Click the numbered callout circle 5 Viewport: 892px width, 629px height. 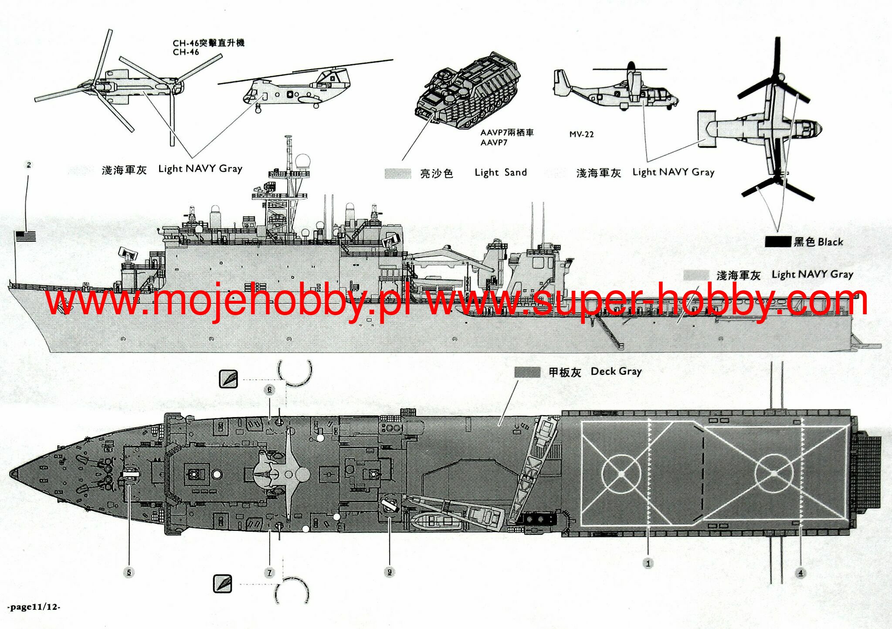pos(129,572)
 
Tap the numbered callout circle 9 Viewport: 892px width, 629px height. pos(390,572)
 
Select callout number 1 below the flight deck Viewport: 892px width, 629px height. pos(648,564)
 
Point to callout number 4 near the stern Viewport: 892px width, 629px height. pos(800,573)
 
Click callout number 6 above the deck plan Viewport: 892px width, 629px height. pos(270,390)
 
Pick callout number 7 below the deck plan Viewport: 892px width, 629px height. pos(270,572)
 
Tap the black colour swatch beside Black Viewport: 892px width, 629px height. pos(778,242)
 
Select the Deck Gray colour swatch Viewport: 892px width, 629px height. pos(527,372)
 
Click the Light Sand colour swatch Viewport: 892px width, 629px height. pos(398,173)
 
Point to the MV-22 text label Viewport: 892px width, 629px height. pos(581,134)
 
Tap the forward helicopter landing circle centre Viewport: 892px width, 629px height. pos(621,473)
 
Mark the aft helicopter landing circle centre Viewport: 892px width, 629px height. pos(773,473)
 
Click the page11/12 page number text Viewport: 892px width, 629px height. pos(34,607)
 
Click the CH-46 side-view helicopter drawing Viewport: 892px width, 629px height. pos(296,89)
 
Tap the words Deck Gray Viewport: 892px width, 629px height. pos(616,371)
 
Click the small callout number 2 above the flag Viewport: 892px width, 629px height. pos(29,165)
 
